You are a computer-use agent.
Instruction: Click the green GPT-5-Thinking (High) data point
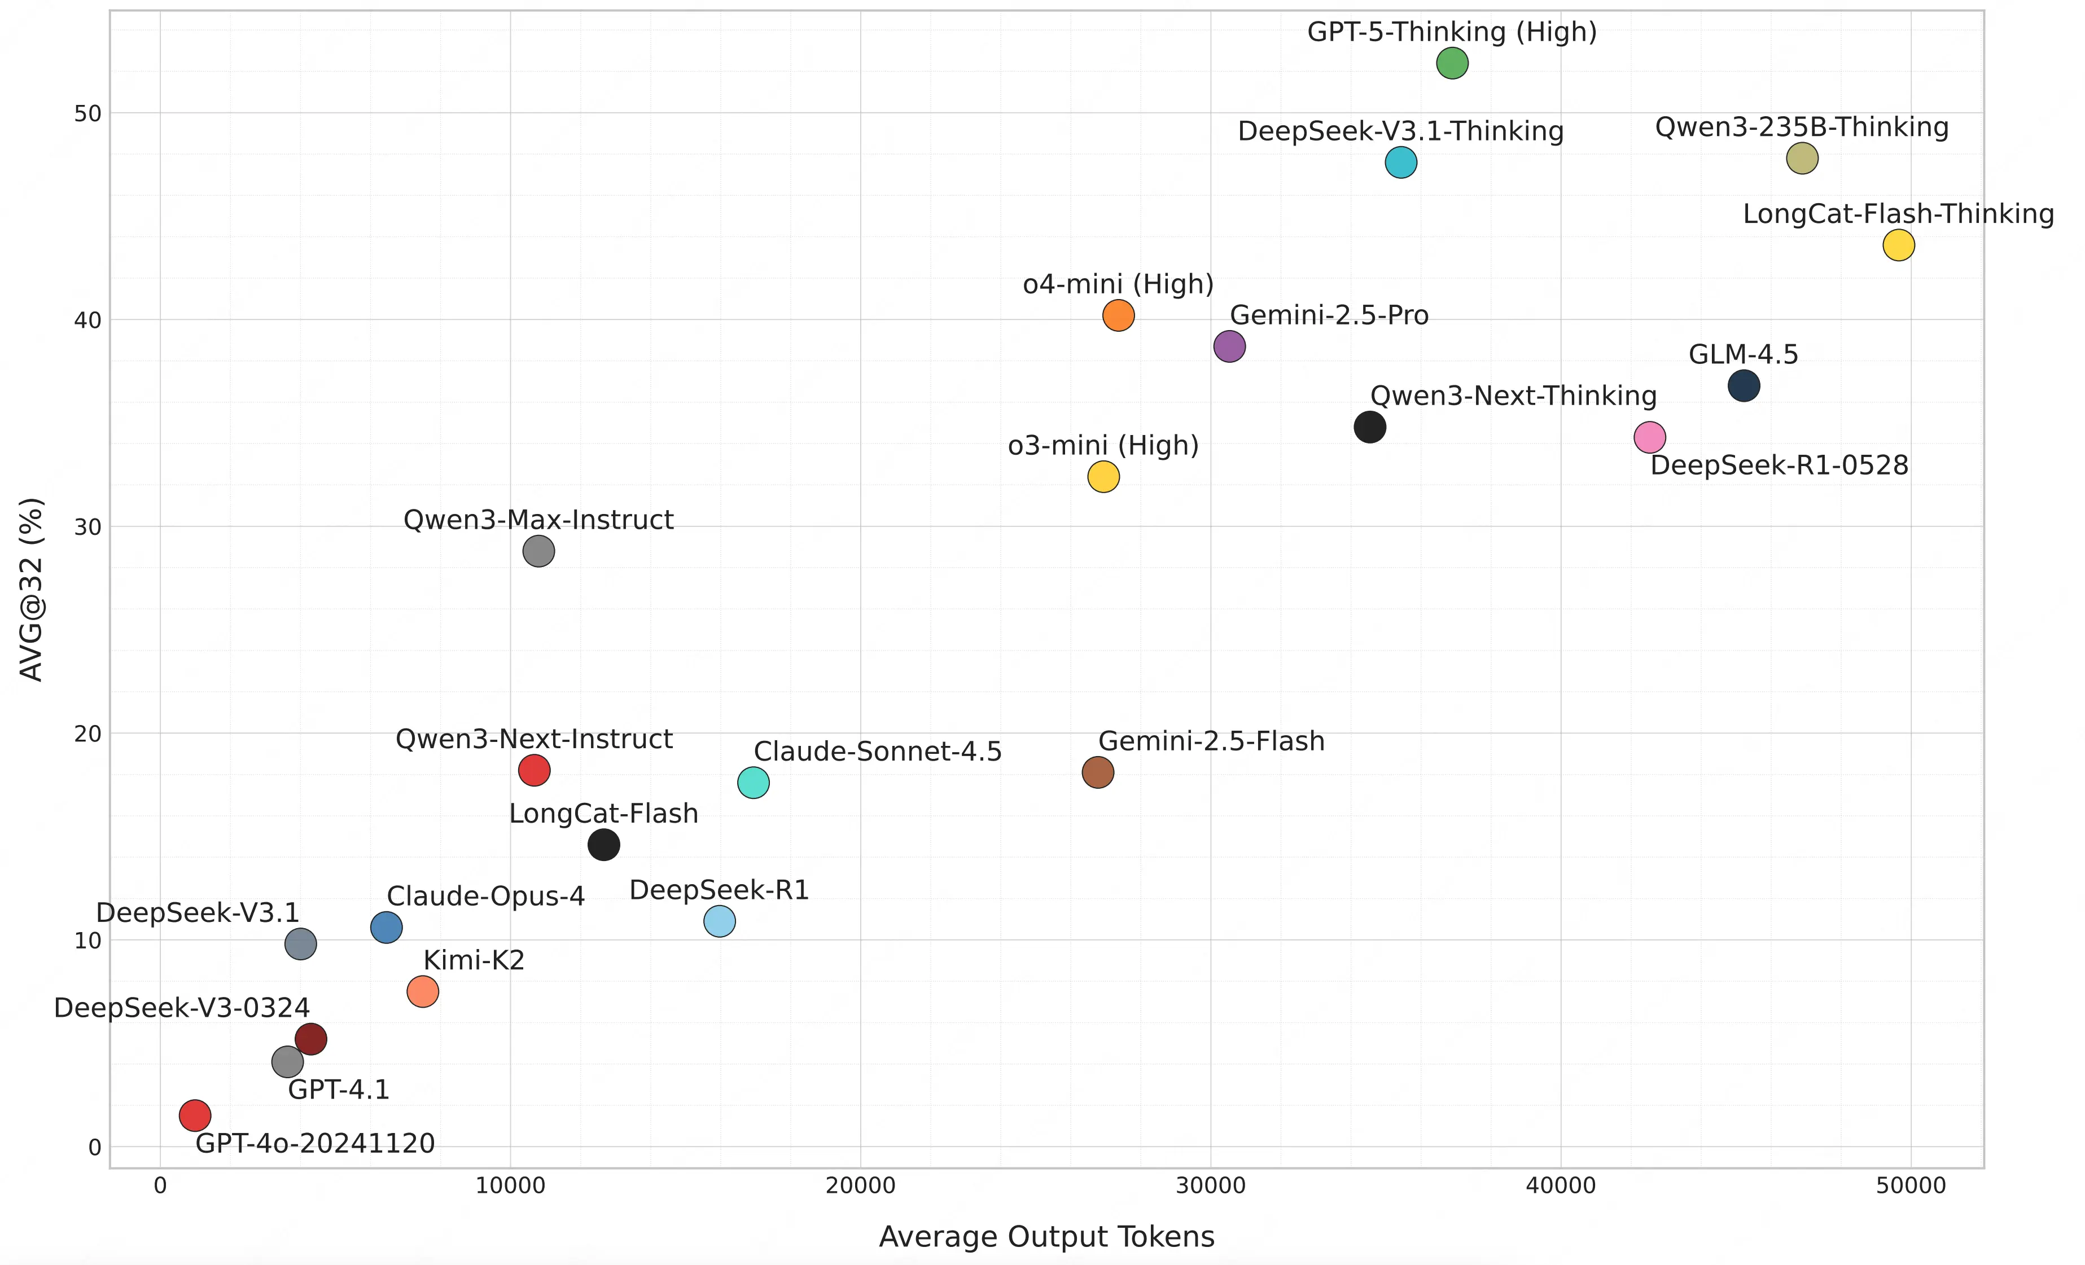pyautogui.click(x=1452, y=63)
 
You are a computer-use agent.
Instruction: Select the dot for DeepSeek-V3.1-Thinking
pyautogui.click(x=1400, y=162)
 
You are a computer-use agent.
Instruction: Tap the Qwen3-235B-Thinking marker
pyautogui.click(x=1802, y=158)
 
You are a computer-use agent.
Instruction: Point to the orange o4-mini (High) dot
pyautogui.click(x=1118, y=315)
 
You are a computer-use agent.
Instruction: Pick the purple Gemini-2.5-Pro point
pyautogui.click(x=1229, y=346)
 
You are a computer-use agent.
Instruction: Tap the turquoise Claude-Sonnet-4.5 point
pyautogui.click(x=753, y=783)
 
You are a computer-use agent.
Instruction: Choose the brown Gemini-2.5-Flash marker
pyautogui.click(x=1097, y=772)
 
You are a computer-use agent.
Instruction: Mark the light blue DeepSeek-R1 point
pyautogui.click(x=719, y=921)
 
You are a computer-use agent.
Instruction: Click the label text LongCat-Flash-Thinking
pyautogui.click(x=1898, y=214)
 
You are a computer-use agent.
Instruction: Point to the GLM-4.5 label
pyautogui.click(x=1743, y=354)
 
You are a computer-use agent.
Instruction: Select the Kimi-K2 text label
pyautogui.click(x=474, y=960)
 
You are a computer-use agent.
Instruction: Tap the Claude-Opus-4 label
pyautogui.click(x=486, y=896)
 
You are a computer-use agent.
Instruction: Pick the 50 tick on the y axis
pyautogui.click(x=87, y=113)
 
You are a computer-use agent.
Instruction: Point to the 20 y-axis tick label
pyautogui.click(x=87, y=733)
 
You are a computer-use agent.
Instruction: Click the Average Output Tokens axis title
pyautogui.click(x=1046, y=1237)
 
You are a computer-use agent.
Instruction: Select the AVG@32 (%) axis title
pyautogui.click(x=31, y=589)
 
